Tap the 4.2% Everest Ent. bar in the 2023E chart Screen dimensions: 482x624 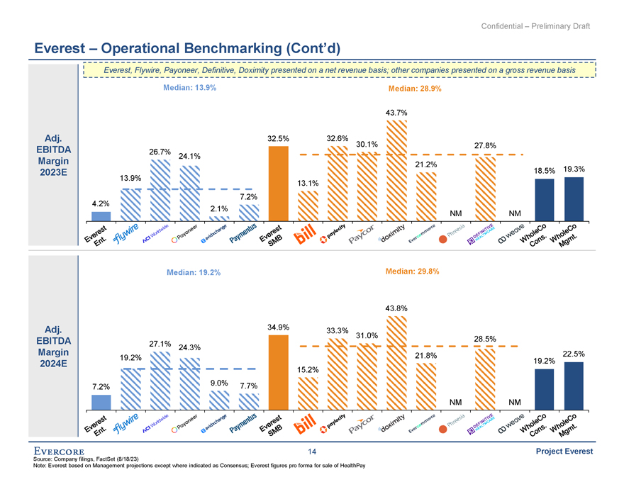[x=101, y=215]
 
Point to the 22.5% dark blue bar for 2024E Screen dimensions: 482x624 [x=573, y=386]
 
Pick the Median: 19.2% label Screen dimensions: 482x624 [x=194, y=272]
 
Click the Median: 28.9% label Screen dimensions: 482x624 [x=415, y=89]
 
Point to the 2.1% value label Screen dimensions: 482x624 [x=219, y=208]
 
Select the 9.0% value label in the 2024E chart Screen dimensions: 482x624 [x=219, y=384]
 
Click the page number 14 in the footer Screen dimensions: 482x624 [x=312, y=452]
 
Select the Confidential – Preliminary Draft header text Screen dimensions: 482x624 [x=535, y=26]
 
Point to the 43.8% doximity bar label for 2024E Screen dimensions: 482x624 [x=396, y=308]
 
